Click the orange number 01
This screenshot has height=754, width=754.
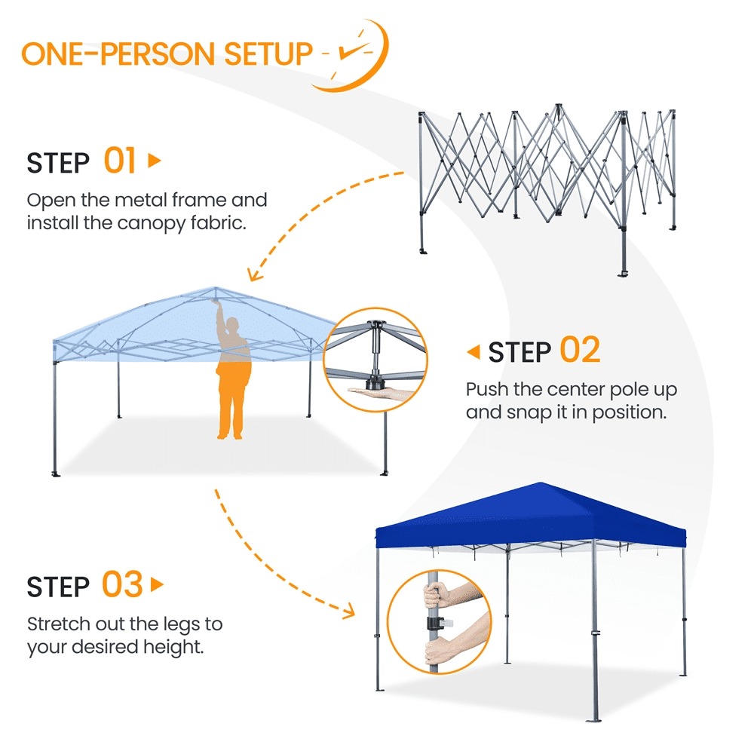coord(120,161)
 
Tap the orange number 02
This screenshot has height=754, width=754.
coord(581,350)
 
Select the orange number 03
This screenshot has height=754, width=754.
coord(122,584)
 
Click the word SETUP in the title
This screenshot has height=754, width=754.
coord(269,54)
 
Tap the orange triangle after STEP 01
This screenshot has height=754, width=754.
coord(155,160)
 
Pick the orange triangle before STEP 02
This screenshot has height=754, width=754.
coord(474,351)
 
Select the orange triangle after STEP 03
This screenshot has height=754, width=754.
coord(157,585)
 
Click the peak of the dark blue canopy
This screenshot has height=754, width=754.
coord(541,483)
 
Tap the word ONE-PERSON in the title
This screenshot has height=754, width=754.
coord(118,54)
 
